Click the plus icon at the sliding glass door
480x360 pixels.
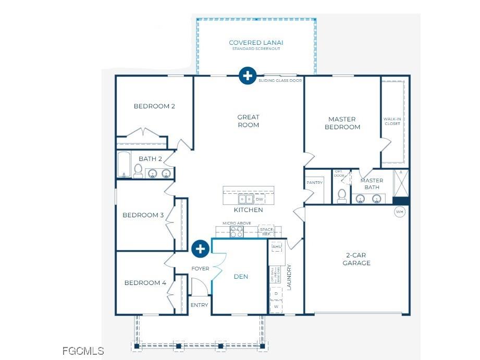(x=247, y=76)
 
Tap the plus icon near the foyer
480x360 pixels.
(x=200, y=249)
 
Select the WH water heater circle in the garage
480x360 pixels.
(x=400, y=212)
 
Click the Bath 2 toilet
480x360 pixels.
(x=138, y=170)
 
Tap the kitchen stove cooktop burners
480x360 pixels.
(x=237, y=232)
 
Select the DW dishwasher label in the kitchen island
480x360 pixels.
(x=260, y=200)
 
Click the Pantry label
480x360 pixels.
(x=315, y=183)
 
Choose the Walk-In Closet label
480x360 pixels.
(x=392, y=121)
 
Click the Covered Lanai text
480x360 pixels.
(x=256, y=43)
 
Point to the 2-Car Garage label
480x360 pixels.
(x=356, y=259)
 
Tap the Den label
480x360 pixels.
(x=241, y=277)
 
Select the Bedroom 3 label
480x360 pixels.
(x=143, y=215)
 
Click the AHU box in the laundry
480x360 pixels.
(x=276, y=246)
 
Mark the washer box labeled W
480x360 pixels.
(x=276, y=307)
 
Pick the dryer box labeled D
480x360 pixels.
(x=276, y=294)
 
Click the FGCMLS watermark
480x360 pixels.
(x=83, y=351)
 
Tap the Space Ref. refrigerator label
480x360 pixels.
(x=266, y=232)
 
